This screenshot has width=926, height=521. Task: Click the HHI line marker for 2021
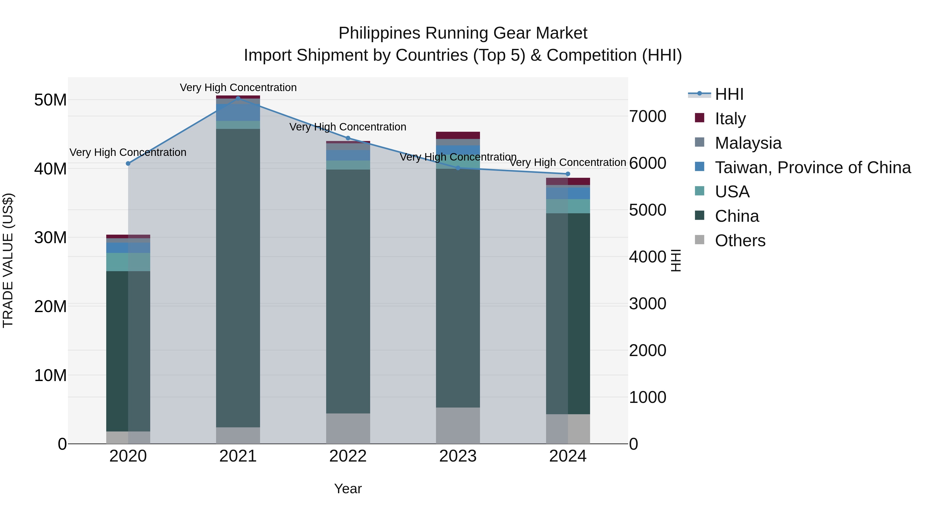238,98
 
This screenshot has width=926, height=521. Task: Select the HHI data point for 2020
128,164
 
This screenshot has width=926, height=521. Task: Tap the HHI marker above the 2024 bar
568,174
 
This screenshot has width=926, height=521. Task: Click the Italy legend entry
730,118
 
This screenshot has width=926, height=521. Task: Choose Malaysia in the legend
748,143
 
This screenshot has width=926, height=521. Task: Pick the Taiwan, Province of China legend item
812,167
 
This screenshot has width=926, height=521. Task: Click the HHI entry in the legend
729,94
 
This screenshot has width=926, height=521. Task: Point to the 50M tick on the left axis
50,100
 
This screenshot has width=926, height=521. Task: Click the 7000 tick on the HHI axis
647,117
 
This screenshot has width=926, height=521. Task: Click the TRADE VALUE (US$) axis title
8,260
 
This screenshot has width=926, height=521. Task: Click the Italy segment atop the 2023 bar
458,135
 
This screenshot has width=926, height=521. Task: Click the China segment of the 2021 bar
238,277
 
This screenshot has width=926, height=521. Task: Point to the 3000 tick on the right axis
647,304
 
